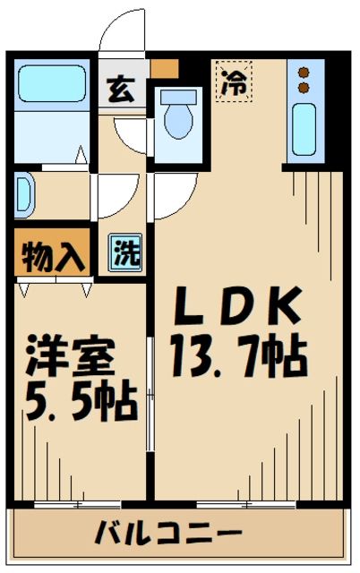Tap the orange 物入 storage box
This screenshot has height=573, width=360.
click(51, 254)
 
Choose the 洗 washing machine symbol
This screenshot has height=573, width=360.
click(124, 253)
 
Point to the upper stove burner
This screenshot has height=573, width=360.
click(304, 72)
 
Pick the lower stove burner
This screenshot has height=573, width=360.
click(304, 88)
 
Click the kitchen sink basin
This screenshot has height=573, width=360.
click(305, 129)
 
